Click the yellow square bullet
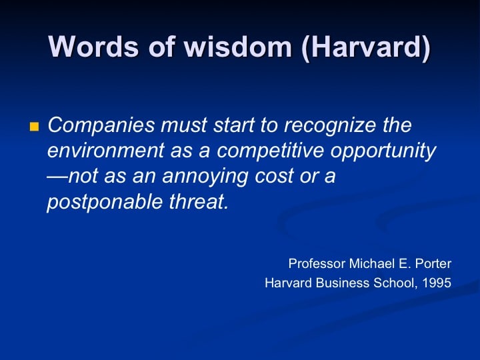pos(34,127)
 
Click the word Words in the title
pos(93,47)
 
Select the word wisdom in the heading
pos(237,47)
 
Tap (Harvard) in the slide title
pos(366,48)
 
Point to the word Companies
pos(101,125)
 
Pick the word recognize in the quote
pos(330,126)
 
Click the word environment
pos(106,150)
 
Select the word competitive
pos(270,151)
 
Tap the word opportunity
pos(383,151)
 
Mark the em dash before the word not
pos(57,177)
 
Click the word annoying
pos(205,177)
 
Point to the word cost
pos(274,176)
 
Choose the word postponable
pos(105,203)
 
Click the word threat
pos(199,202)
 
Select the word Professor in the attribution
pos(317,263)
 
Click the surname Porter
pos(433,263)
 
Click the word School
pos(395,283)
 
